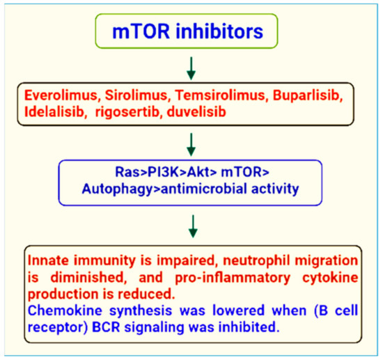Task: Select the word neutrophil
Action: [229, 260]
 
